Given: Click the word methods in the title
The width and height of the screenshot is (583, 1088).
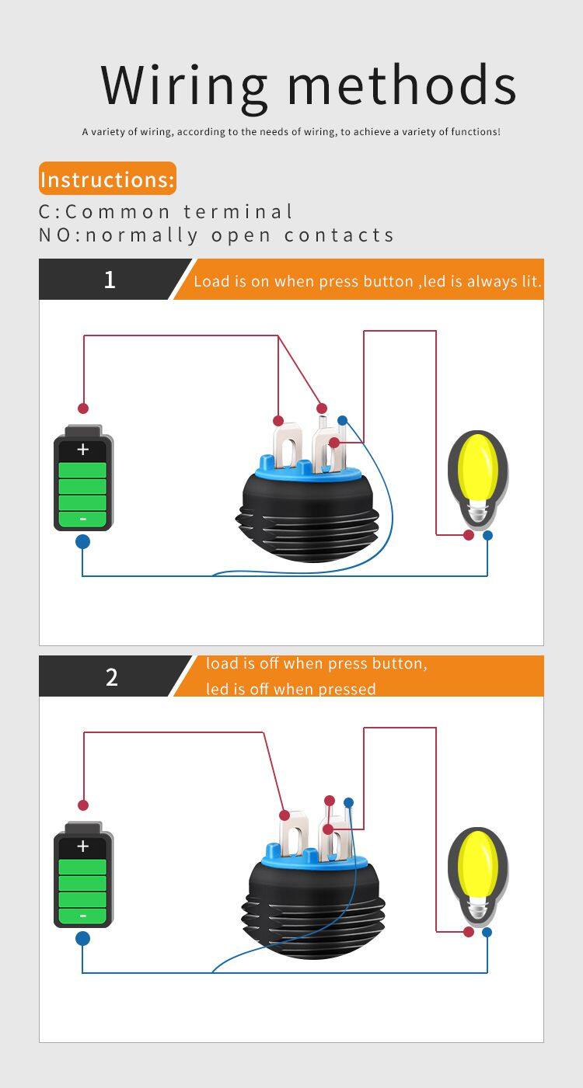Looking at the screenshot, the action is pos(402,85).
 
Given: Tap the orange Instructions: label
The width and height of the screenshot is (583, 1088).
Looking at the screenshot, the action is pos(107,179).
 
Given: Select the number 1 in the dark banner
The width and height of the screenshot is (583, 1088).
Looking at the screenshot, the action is pos(110,280).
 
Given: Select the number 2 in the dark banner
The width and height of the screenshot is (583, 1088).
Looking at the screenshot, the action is pos(111,676).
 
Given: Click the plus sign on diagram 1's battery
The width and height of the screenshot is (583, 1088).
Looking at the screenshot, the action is pos(83,450).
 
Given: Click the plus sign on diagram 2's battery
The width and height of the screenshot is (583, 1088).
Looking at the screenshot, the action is pos(83,846).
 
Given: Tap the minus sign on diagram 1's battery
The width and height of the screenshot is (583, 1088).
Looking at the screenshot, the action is pos(83,519).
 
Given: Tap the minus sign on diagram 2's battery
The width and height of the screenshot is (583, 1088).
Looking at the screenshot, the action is pos(83,916).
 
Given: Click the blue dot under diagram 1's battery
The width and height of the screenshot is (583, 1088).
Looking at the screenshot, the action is pos(82,541).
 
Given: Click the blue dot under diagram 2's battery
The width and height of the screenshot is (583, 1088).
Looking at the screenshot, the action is pos(82,938).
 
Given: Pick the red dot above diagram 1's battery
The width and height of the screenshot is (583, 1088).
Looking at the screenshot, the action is pos(83,408).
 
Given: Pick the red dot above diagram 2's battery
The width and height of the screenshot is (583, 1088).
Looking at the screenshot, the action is pos(83,805).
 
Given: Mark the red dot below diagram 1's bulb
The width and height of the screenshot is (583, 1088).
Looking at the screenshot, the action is pos(469,535).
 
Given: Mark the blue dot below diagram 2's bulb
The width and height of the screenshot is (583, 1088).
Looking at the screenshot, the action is pos(487,932).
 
